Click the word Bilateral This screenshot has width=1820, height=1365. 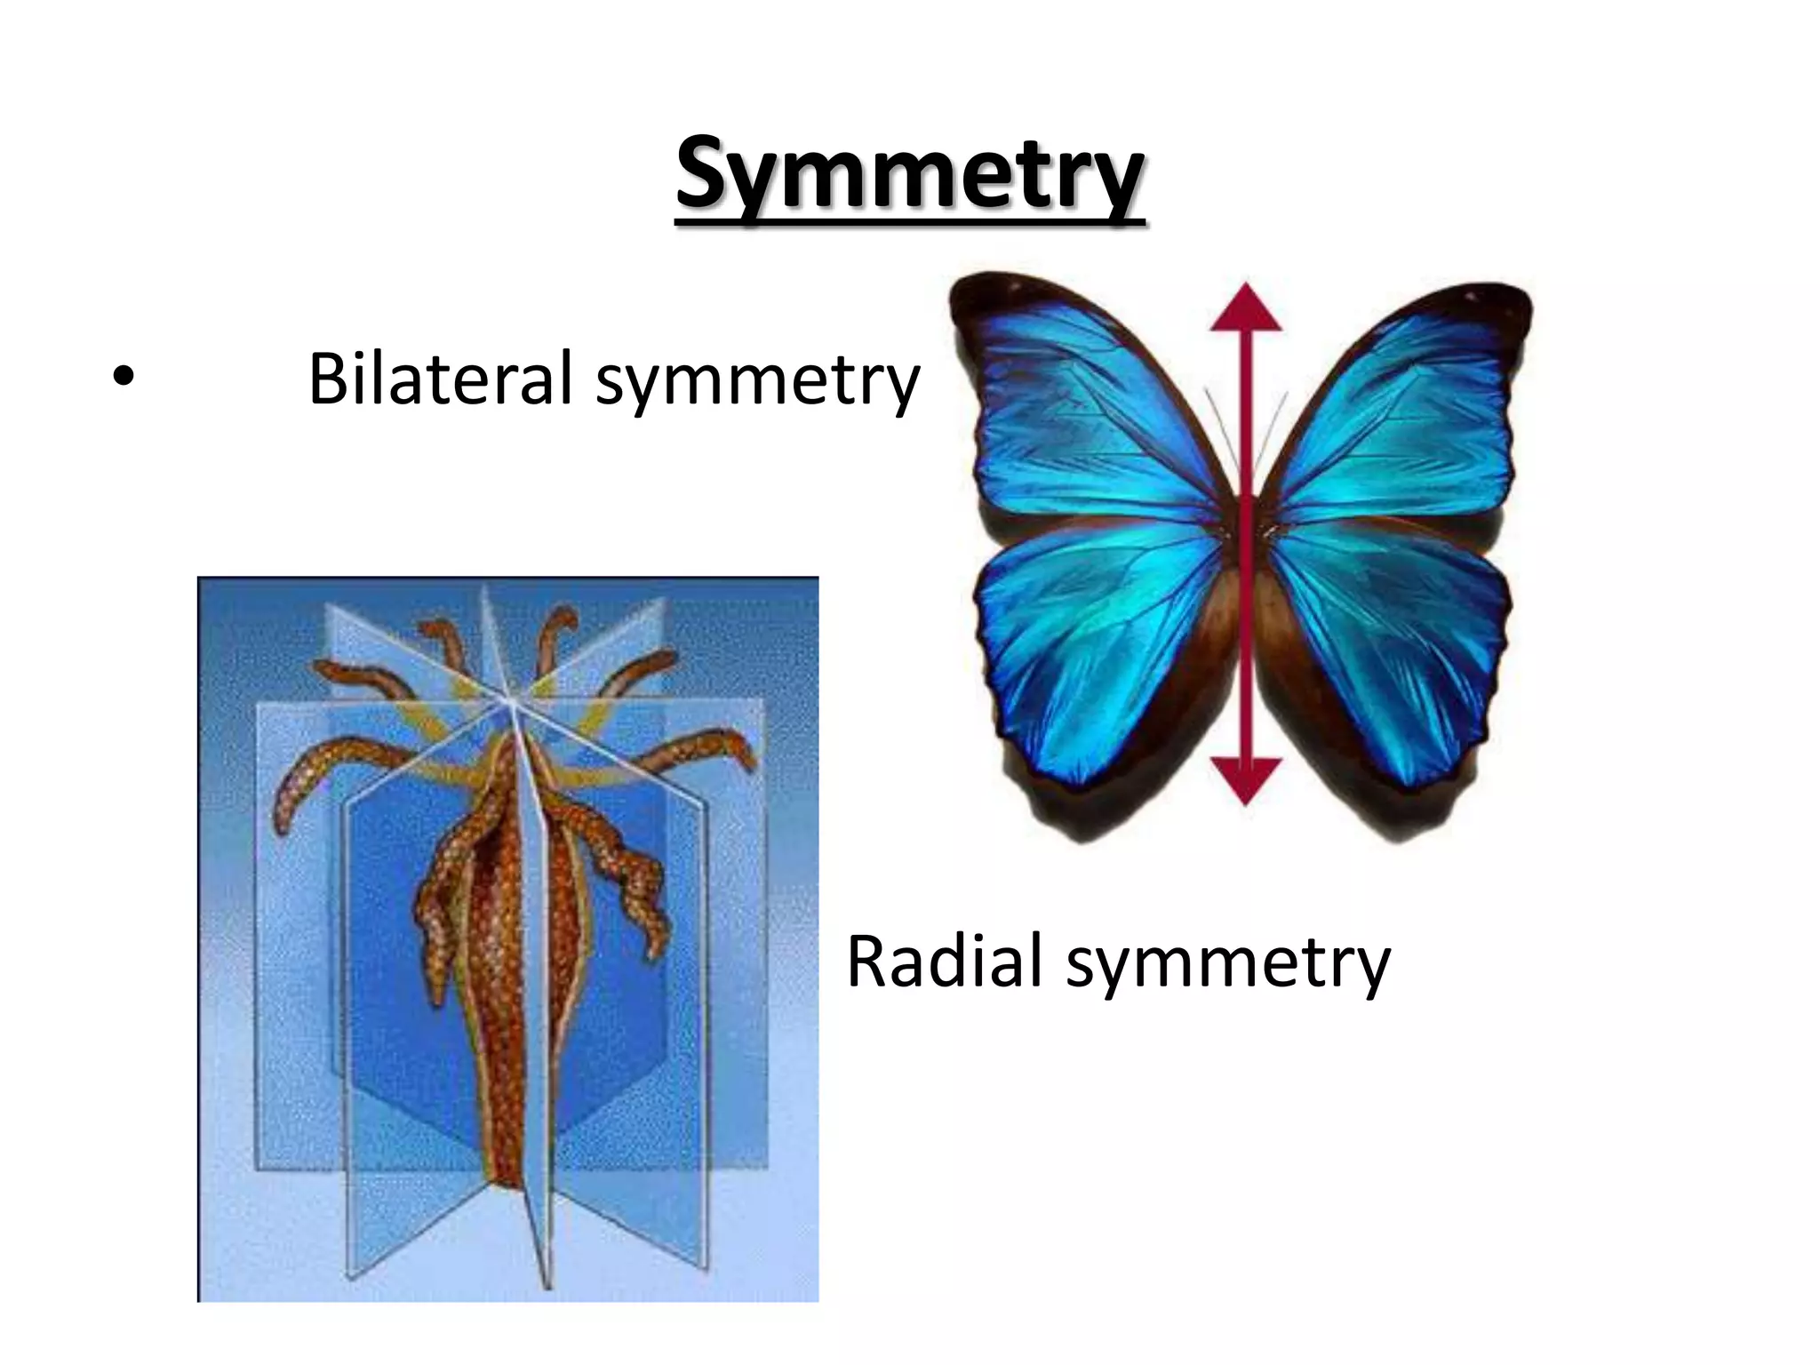[440, 379]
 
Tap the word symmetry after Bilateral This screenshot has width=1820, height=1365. [758, 382]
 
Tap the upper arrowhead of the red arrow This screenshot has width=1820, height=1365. [1246, 307]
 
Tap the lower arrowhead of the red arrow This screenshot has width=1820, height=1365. [1246, 780]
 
